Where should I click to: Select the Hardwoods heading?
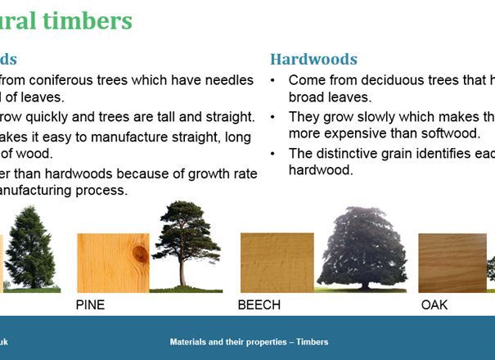click(313, 60)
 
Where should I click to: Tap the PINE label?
click(90, 305)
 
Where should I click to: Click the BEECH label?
click(259, 305)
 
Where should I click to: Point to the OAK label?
click(434, 305)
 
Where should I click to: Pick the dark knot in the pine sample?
click(141, 254)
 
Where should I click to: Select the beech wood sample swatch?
click(277, 263)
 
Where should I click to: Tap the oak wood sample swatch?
click(452, 263)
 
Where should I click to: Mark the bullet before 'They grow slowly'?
click(272, 116)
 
